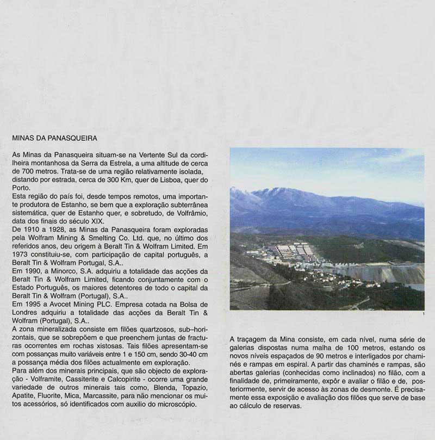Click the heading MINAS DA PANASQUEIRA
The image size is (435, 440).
click(54, 138)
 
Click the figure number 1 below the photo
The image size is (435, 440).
click(422, 314)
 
